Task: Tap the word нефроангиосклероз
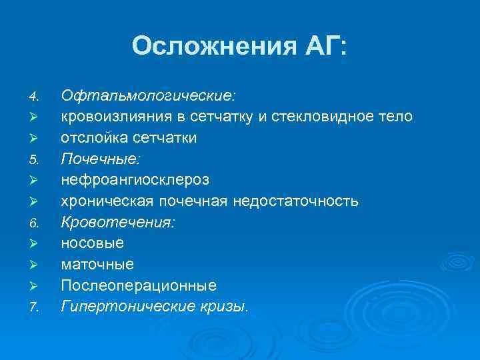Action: pyautogui.click(x=135, y=180)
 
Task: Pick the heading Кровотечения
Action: pyautogui.click(x=118, y=223)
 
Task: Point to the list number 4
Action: pyautogui.click(x=35, y=96)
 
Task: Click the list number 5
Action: pyautogui.click(x=35, y=160)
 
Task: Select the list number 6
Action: pyautogui.click(x=35, y=223)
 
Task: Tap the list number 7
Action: pyautogui.click(x=35, y=308)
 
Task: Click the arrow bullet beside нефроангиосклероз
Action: pyautogui.click(x=35, y=181)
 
